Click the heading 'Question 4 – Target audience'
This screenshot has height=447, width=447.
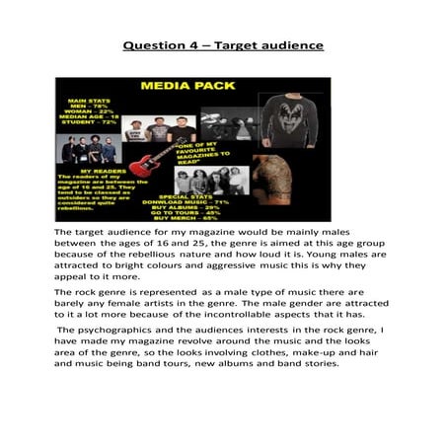[x=223, y=45]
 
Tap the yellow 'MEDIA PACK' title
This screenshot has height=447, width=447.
[x=187, y=86]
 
